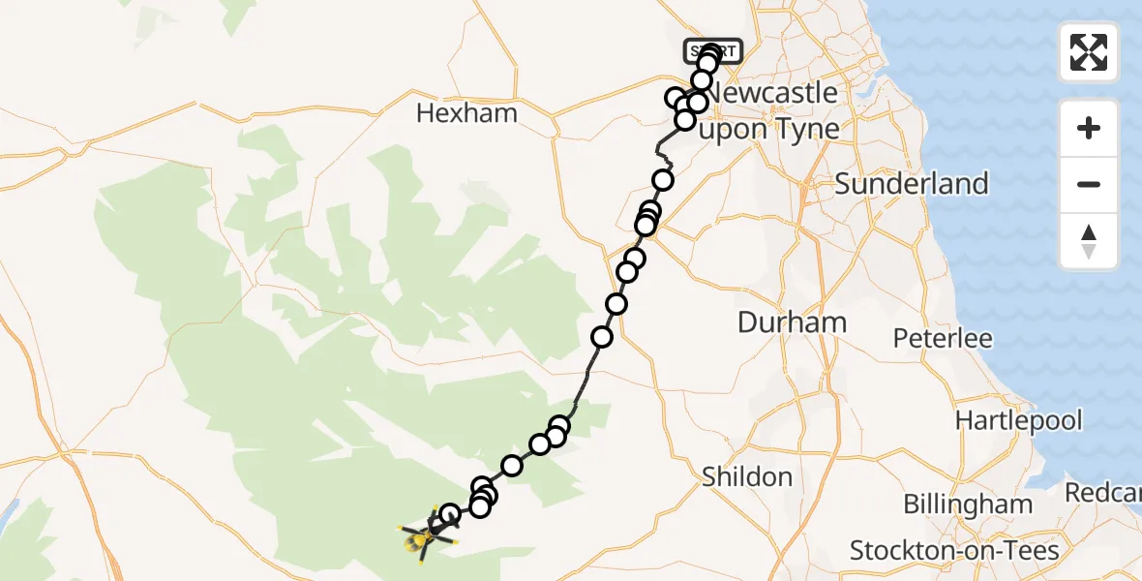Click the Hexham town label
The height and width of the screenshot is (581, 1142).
coord(466,113)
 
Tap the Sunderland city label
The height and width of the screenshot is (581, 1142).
coord(911,184)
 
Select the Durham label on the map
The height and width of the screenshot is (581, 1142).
coord(792,322)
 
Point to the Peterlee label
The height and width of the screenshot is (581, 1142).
coord(942,339)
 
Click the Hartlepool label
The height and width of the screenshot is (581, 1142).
coord(1018,420)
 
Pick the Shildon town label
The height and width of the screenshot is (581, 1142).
coord(746,476)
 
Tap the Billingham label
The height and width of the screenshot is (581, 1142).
coord(968,505)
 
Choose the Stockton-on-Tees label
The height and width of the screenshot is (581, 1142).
coord(954,551)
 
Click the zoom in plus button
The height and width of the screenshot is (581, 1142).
coord(1089,128)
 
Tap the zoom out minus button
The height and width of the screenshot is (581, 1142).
coord(1089,184)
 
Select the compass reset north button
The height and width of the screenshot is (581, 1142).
coord(1089,241)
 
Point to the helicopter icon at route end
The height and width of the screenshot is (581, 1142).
coord(423,535)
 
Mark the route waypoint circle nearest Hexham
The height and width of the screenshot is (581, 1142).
coord(676,98)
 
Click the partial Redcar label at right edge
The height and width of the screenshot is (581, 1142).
coord(1102,492)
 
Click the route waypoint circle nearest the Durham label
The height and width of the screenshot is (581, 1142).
coord(616,305)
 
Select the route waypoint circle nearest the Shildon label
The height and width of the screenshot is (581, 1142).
coord(559,426)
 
